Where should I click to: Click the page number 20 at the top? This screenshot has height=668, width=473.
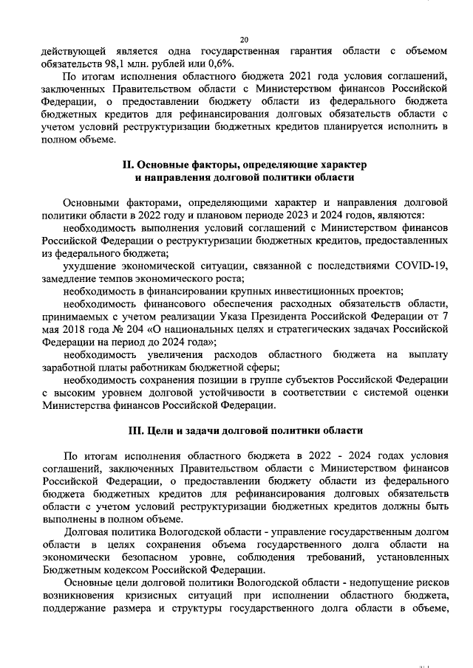244,39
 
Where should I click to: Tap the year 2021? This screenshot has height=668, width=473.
287,76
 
